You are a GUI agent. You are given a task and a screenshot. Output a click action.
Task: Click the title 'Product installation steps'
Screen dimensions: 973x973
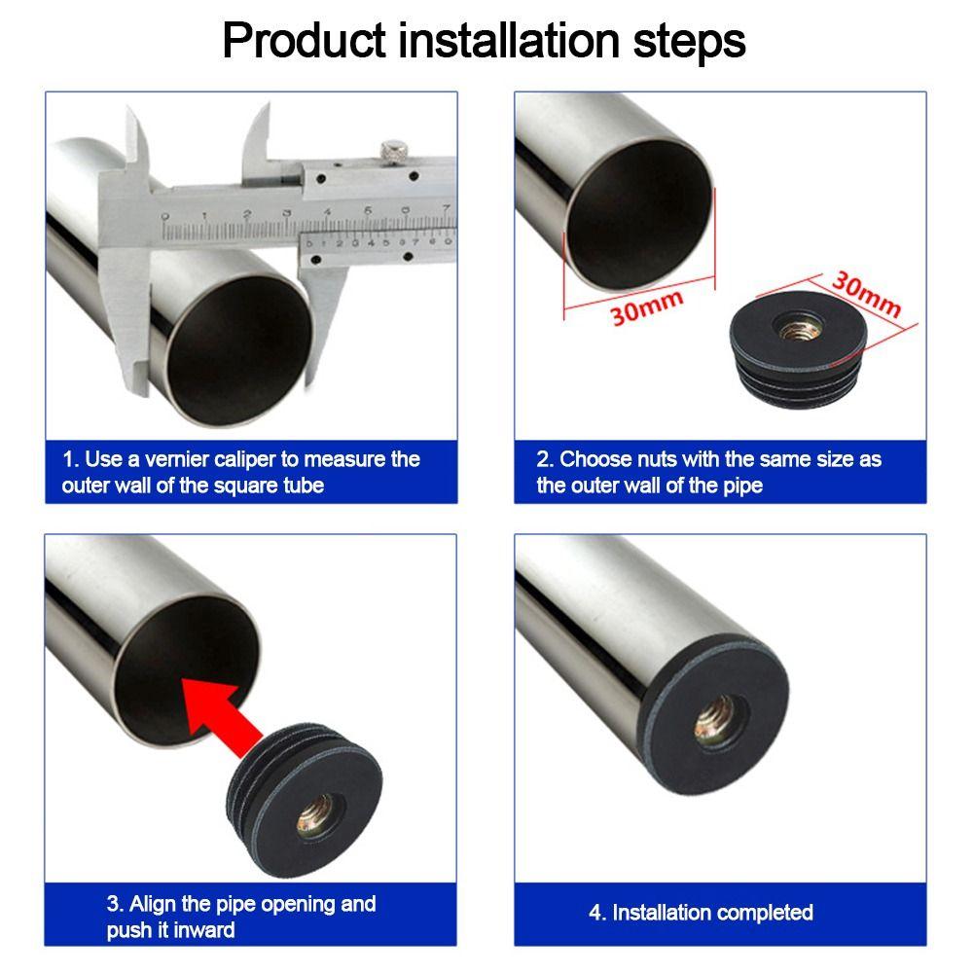tap(484, 41)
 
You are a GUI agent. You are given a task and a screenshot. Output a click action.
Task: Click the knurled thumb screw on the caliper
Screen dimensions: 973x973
tap(392, 151)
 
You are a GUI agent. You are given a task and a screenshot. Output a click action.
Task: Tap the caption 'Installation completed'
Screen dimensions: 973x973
tap(701, 913)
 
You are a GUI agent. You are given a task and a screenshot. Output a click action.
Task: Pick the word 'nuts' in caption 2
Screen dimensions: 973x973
tap(654, 459)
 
